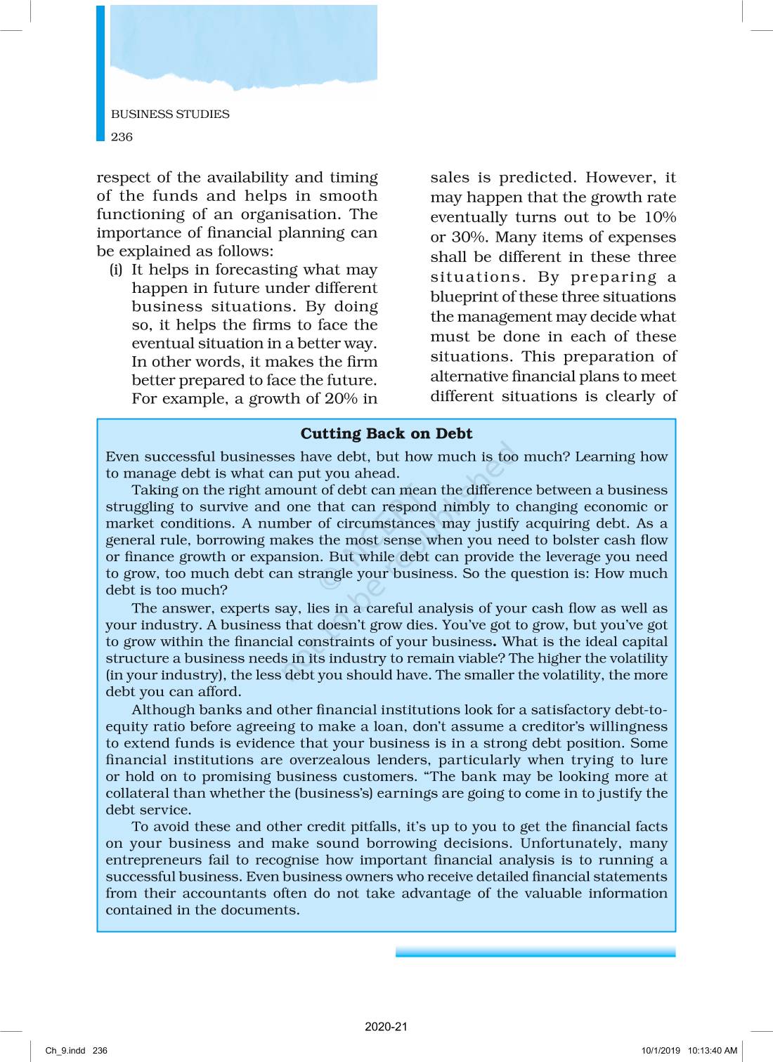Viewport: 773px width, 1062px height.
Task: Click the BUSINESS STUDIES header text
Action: (170, 114)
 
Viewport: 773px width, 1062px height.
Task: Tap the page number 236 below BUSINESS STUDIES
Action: (122, 137)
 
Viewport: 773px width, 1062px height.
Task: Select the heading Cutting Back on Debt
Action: (386, 433)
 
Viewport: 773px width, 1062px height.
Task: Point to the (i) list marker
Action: (116, 270)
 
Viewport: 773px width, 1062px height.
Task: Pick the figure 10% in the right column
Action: (660, 217)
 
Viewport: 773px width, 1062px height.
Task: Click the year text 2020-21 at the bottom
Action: (386, 1027)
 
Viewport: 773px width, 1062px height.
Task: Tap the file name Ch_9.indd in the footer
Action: (65, 1051)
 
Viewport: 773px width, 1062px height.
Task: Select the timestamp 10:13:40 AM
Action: (713, 1051)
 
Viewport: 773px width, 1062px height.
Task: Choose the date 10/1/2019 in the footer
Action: (661, 1051)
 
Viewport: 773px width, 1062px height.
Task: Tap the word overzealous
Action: (330, 760)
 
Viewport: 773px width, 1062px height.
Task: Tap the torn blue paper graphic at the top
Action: (243, 46)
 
